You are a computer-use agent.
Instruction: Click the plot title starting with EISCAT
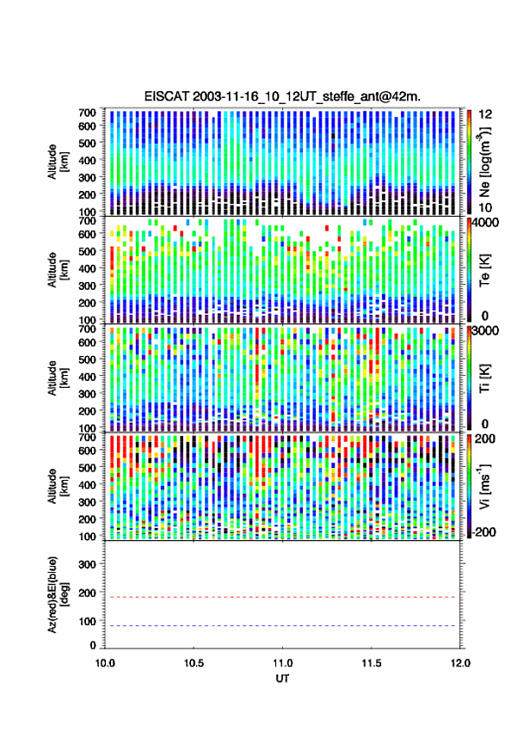coord(282,96)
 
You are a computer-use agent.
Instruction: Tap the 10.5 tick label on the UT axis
coord(194,663)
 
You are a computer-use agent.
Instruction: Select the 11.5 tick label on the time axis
coord(371,663)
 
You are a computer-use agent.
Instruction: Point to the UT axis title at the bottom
coord(282,679)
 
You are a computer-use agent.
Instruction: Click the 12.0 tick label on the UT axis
coord(459,663)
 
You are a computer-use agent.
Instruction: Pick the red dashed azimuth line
coord(282,597)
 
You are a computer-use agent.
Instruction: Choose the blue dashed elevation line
coord(282,625)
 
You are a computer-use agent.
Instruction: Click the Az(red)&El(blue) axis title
coord(59,594)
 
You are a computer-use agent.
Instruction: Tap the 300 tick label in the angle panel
coord(87,564)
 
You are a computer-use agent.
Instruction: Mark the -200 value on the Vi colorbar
coord(483,532)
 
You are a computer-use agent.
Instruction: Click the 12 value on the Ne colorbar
coord(485,114)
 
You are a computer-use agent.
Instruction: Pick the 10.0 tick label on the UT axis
coord(105,663)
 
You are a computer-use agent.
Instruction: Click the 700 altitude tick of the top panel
coord(87,113)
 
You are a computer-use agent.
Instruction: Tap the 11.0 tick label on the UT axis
coord(282,663)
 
